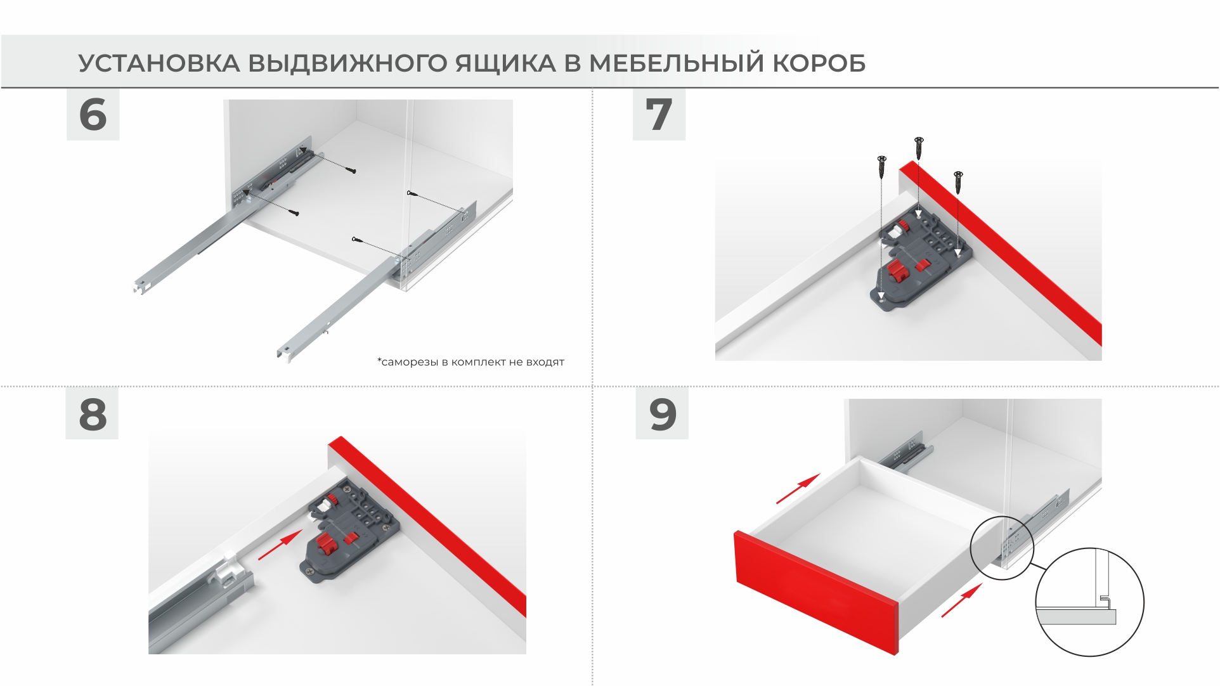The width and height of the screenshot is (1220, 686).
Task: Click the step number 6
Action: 93,115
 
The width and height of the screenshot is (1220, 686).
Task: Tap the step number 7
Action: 659,115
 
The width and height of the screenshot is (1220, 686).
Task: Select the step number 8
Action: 93,415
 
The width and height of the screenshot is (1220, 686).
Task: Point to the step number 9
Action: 663,415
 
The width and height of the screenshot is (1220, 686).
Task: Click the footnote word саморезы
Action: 409,362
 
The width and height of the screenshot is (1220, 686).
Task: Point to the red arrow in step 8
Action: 280,546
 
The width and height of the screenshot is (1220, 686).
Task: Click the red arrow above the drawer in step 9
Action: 798,489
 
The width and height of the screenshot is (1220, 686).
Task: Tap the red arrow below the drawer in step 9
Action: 962,600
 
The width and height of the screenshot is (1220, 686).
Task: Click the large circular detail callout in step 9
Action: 1089,602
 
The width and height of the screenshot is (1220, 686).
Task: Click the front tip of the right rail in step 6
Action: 283,354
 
